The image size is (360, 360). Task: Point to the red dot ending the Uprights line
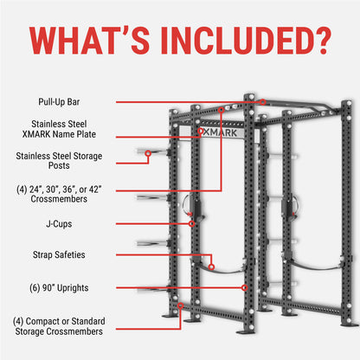coord(246,286)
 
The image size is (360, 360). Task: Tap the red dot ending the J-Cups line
coord(192,223)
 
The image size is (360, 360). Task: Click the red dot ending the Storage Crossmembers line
coord(178,305)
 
